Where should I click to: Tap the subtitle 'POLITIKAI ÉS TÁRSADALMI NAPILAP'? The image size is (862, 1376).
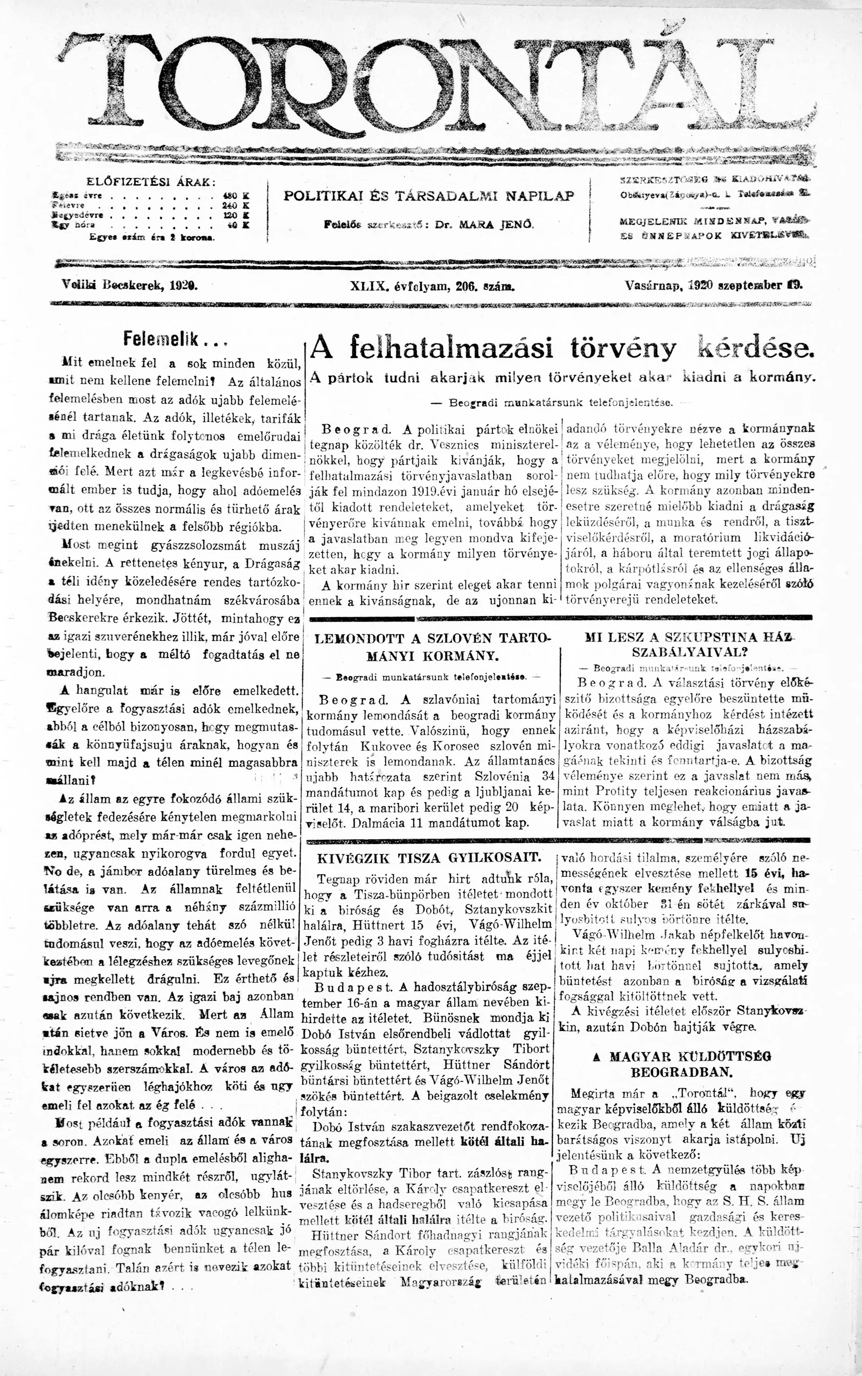429,196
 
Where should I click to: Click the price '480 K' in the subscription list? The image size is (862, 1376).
235,195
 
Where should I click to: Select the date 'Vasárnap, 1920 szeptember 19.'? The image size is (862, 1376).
713,286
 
